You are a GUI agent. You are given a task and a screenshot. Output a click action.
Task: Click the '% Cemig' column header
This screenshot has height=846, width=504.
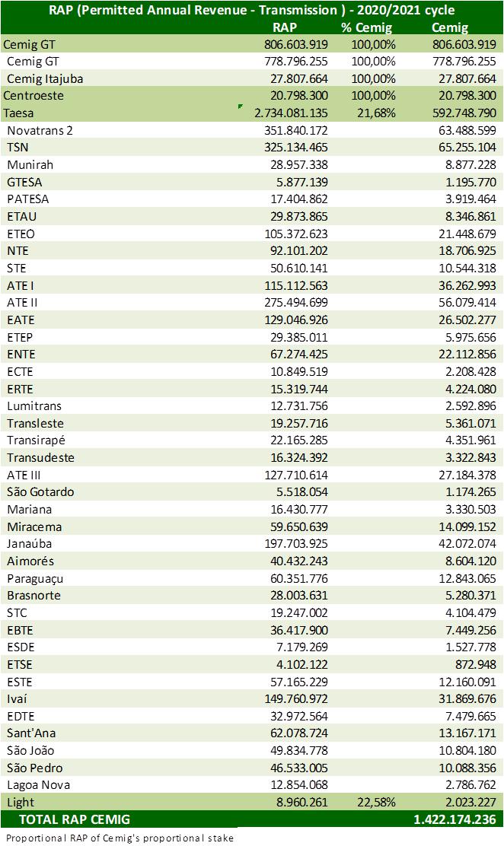coord(367,27)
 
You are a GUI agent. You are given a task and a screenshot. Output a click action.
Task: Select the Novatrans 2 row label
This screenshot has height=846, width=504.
coord(40,131)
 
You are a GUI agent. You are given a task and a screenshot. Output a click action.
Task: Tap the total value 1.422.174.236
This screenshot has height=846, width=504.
coord(455,819)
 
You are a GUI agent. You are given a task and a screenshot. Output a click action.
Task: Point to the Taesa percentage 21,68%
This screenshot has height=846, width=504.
coord(376,113)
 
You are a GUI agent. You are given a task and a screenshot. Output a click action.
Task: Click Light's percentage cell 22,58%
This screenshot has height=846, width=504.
coord(376,803)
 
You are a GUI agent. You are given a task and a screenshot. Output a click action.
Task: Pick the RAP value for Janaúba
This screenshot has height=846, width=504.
coord(296,544)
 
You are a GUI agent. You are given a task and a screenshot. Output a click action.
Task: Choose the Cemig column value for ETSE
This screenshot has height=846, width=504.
coord(475,665)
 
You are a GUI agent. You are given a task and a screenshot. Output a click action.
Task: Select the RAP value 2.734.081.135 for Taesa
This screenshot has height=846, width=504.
coord(291,113)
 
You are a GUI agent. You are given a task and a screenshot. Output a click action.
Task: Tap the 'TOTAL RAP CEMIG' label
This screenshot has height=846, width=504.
coord(75,819)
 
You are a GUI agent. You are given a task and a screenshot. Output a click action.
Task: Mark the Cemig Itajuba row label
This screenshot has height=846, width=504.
coord(45,79)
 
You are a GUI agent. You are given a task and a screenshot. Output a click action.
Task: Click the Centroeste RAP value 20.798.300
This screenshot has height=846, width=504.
coord(298,96)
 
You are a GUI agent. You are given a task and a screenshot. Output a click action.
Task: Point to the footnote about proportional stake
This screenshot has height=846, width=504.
coord(120,838)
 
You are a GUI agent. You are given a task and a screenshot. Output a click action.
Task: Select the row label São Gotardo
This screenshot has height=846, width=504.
coord(40,492)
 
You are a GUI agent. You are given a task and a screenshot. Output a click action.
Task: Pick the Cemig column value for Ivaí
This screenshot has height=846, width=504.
coord(467,699)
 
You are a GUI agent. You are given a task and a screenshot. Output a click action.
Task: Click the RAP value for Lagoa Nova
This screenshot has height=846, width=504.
coord(298,785)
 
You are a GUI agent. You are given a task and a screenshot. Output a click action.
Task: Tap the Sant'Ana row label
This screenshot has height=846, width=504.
coord(31,733)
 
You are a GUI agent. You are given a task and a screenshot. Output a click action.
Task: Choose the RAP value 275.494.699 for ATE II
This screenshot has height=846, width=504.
coord(296,303)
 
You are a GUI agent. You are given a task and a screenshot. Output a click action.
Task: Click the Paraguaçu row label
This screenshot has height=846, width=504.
coord(35,579)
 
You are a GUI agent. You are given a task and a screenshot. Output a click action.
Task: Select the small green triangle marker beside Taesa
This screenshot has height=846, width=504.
coord(241,107)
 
